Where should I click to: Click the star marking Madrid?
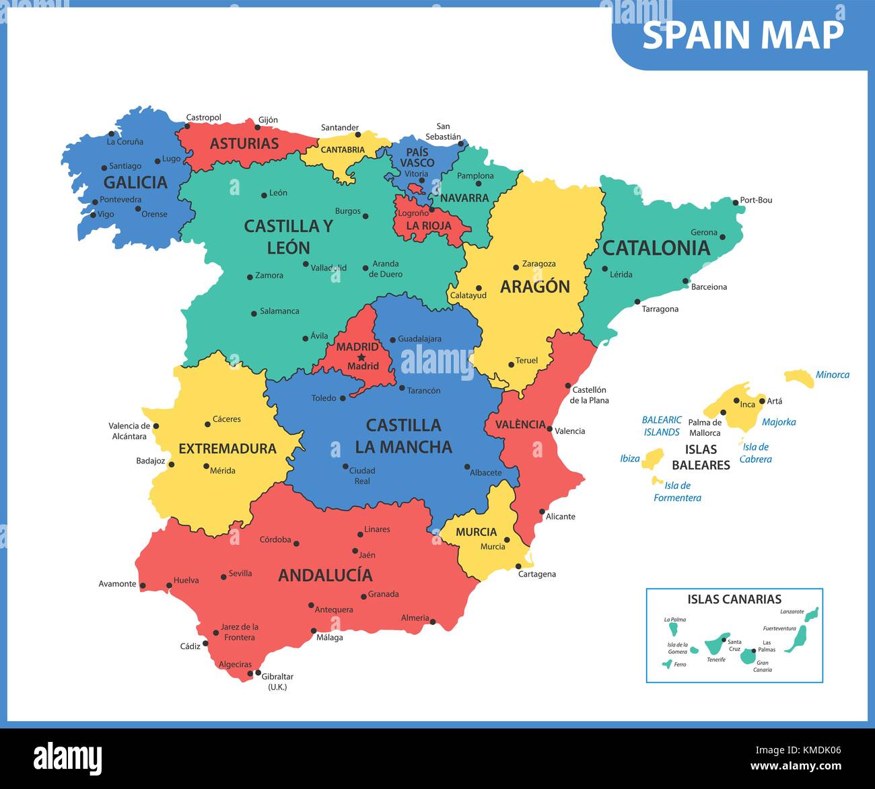(x=361, y=357)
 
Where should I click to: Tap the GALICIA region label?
(x=135, y=182)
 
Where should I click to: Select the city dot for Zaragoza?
(x=516, y=267)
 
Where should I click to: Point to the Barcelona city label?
(x=709, y=287)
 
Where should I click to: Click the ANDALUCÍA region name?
(x=325, y=575)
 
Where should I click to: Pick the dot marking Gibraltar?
(x=258, y=673)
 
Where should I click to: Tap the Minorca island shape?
(x=799, y=377)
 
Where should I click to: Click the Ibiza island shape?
(x=652, y=460)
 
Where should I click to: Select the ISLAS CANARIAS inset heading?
(x=734, y=599)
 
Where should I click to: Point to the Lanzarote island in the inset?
(x=812, y=614)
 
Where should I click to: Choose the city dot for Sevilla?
(x=223, y=576)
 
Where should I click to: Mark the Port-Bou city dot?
(x=734, y=201)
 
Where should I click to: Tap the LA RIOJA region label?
(x=429, y=225)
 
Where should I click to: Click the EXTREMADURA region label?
(x=228, y=449)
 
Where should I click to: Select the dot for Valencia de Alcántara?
(x=156, y=426)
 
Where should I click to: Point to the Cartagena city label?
(x=536, y=574)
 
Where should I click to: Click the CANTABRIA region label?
(x=343, y=150)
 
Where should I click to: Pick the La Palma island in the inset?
(x=673, y=629)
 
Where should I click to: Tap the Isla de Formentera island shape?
(x=657, y=481)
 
